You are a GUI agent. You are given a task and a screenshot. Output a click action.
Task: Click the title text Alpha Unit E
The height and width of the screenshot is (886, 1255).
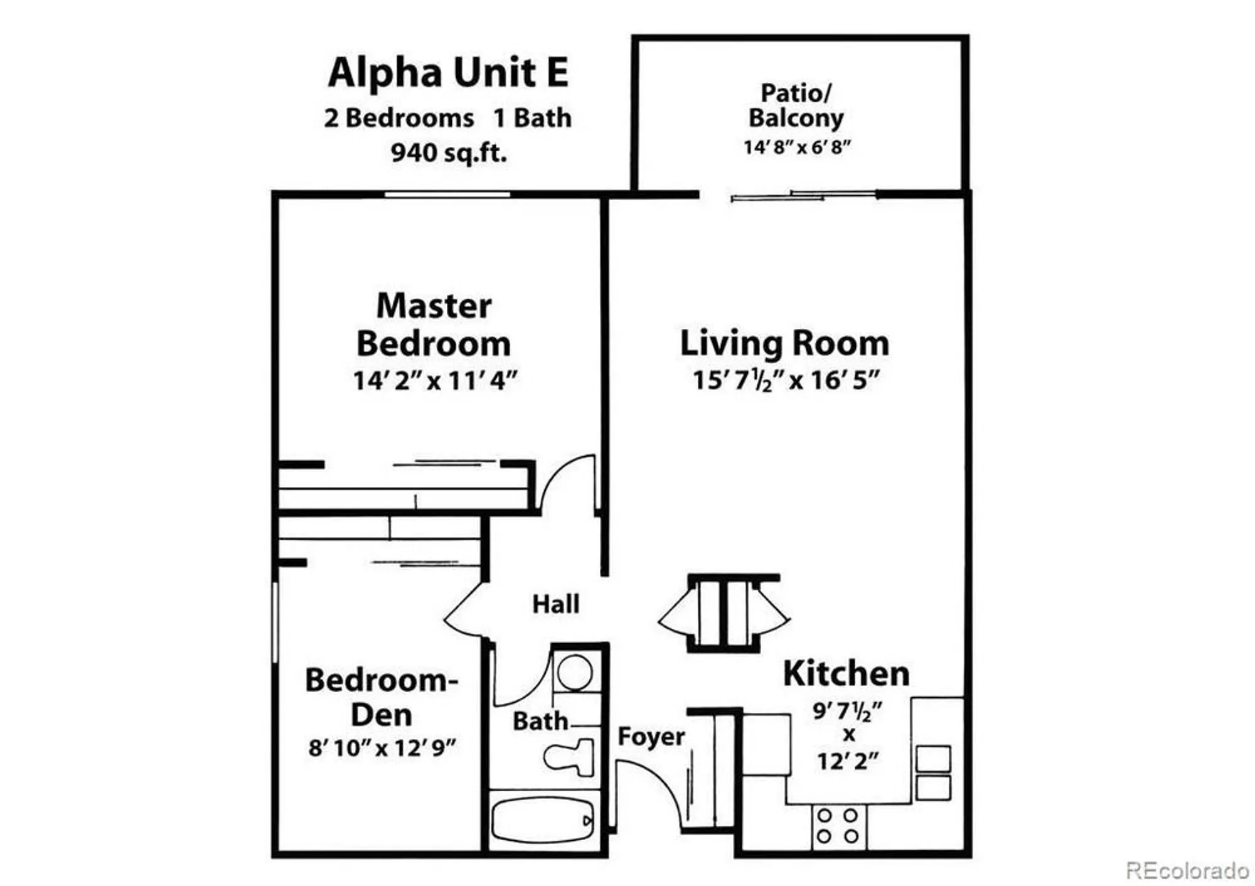pyautogui.click(x=448, y=72)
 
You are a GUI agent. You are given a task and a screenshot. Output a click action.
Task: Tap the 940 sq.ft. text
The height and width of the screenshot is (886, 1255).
pyautogui.click(x=448, y=152)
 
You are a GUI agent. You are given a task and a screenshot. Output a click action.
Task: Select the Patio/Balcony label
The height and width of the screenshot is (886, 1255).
pyautogui.click(x=796, y=105)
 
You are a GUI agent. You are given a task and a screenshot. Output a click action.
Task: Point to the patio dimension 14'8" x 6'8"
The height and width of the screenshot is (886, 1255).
pyautogui.click(x=797, y=147)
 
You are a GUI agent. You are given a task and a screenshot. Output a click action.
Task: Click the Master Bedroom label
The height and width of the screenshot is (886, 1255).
pyautogui.click(x=434, y=324)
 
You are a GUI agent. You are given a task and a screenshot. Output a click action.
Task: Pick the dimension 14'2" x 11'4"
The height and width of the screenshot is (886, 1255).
pyautogui.click(x=434, y=381)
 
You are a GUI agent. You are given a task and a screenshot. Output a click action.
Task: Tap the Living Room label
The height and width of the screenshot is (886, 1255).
pyautogui.click(x=784, y=343)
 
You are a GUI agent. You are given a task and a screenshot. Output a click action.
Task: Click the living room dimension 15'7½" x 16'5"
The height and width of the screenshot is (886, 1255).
pyautogui.click(x=786, y=380)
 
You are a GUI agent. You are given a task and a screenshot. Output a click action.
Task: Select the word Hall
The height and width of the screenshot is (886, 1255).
pyautogui.click(x=555, y=604)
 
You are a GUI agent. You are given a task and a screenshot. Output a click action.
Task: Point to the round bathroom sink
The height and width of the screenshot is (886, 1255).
pyautogui.click(x=575, y=672)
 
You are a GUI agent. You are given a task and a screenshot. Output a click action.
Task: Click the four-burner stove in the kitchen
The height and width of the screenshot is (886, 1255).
pyautogui.click(x=838, y=826)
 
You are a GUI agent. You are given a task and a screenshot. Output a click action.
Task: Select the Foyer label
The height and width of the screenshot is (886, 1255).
pyautogui.click(x=651, y=736)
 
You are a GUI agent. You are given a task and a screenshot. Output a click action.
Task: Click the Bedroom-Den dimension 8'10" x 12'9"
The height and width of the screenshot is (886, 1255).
pyautogui.click(x=382, y=748)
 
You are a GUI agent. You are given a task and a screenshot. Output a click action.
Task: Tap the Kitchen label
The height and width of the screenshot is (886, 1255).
pyautogui.click(x=846, y=673)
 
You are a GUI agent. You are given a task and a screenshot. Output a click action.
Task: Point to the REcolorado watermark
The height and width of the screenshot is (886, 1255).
pyautogui.click(x=1187, y=870)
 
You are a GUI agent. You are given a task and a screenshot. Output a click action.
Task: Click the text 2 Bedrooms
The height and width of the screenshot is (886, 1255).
pyautogui.click(x=398, y=118)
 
